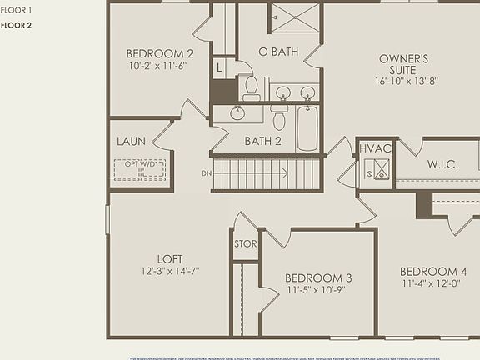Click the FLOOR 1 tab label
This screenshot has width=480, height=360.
coord(17,10)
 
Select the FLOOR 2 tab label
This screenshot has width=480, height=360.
coord(17,25)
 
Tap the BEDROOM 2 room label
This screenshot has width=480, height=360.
coord(160,53)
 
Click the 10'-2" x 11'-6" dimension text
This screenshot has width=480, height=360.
coord(157,65)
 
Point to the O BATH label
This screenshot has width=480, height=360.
coord(278,52)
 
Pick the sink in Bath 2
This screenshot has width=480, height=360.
coord(237,112)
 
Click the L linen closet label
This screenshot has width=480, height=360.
coord(218,67)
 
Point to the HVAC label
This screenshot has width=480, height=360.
coord(375,148)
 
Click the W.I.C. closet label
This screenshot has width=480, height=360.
coord(442,164)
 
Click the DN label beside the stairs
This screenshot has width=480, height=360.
coord(206,173)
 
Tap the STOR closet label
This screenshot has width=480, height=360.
coord(245,244)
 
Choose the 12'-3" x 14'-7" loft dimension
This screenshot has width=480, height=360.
coord(170,271)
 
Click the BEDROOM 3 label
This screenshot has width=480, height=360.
coord(317,277)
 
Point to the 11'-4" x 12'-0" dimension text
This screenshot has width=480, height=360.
coord(433,283)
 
